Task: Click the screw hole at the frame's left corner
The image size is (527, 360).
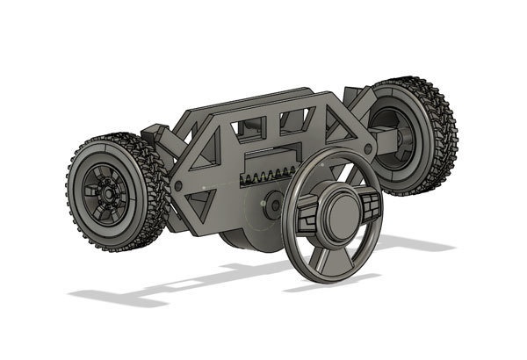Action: pyautogui.click(x=178, y=186)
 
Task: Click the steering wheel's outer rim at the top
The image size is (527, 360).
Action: pyautogui.click(x=334, y=151)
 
